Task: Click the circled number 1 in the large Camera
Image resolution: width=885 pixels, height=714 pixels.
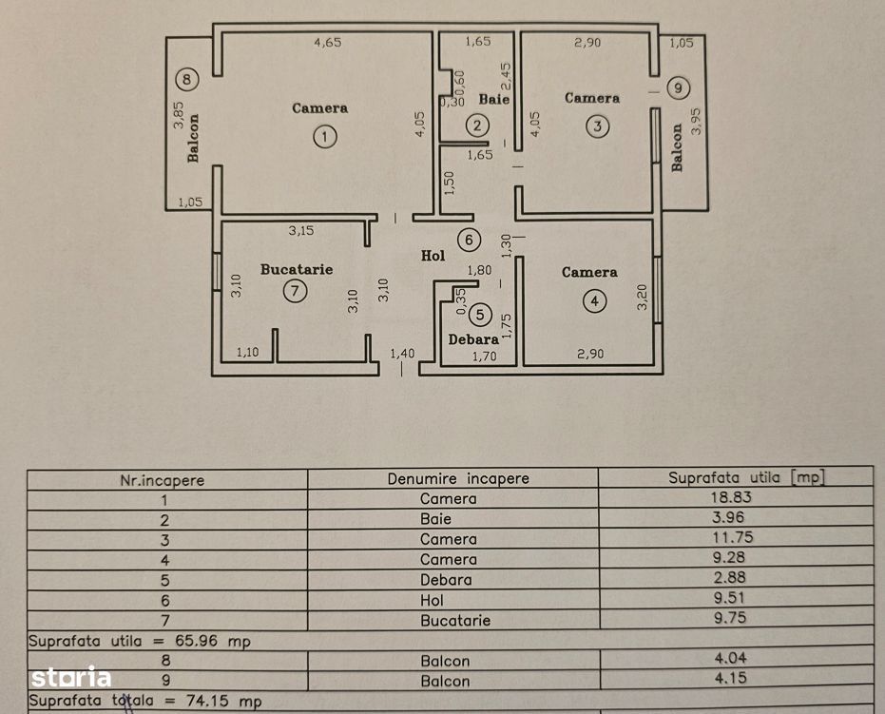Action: (326, 138)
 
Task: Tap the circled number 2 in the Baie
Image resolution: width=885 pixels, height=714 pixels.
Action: (477, 125)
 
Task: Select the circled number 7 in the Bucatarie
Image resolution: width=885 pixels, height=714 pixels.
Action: (295, 292)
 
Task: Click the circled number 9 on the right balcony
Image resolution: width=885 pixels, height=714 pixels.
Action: (676, 88)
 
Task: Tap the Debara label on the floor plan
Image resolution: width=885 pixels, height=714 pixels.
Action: (473, 338)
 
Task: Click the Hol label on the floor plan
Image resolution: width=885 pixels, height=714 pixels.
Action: (433, 256)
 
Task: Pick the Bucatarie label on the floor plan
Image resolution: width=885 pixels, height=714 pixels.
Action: (297, 269)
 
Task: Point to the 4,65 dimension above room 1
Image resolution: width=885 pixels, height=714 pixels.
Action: (328, 42)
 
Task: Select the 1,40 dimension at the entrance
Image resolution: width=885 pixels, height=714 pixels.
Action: (403, 354)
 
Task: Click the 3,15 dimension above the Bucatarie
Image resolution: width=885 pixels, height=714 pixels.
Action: (302, 230)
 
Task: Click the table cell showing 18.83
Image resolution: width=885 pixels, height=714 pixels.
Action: (734, 498)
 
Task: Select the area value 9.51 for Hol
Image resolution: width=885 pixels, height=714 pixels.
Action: (734, 599)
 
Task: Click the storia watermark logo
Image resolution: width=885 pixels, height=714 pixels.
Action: (71, 678)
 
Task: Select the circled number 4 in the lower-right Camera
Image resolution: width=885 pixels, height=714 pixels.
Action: (594, 301)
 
